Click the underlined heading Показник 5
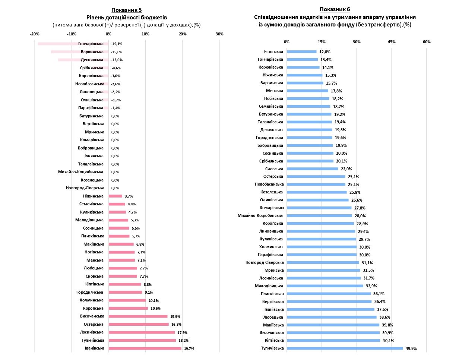click(127, 10)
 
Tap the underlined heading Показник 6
click(335, 9)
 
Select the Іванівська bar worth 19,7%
click(145, 348)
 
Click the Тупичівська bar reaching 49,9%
click(345, 348)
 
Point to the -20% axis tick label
click(35, 34)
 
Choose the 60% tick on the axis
click(427, 42)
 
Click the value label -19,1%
click(117, 44)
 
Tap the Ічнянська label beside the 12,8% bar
click(273, 52)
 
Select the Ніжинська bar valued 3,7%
click(115, 196)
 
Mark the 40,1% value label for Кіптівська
click(388, 341)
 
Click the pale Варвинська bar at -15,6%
click(80, 52)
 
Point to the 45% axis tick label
click(392, 42)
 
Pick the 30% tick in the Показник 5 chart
click(219, 34)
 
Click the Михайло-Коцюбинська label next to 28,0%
click(260, 215)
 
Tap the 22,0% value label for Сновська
click(346, 169)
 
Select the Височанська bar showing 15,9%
click(138, 316)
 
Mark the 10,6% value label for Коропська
click(156, 309)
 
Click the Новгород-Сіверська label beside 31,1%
click(264, 263)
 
